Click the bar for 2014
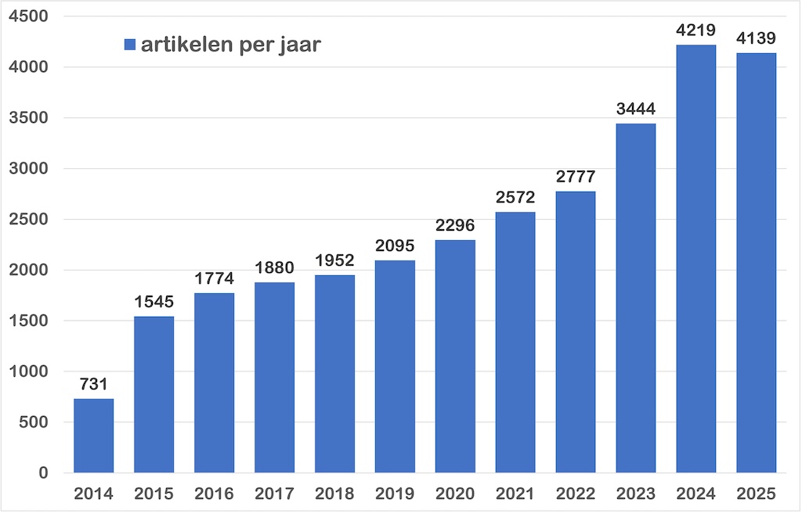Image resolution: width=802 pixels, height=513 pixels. coord(94,436)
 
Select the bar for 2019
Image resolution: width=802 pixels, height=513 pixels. coord(395,366)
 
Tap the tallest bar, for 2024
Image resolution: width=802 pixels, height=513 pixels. coord(696,258)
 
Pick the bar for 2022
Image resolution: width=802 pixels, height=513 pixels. coord(576,332)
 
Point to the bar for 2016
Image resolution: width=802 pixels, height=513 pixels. coord(215,382)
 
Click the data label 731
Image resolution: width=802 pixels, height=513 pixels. coord(94,385)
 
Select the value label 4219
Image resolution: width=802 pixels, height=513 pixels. coord(696,31)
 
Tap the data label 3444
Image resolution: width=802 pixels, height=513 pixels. coord(636,109)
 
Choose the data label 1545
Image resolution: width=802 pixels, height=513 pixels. coord(154,302)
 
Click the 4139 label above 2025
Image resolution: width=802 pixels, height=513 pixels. coord(757,38)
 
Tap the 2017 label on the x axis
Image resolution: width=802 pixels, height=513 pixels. coord(275,494)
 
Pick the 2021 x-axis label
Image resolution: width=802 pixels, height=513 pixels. coord(515,494)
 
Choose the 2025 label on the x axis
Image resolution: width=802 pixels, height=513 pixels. coord(757,494)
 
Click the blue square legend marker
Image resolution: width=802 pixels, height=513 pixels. coord(130,45)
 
